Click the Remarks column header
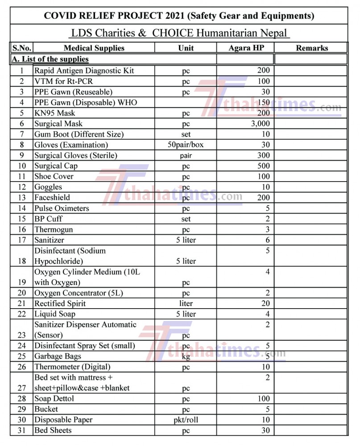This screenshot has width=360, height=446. click(x=312, y=48)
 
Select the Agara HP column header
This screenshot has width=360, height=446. click(x=246, y=48)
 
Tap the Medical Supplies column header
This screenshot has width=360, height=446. click(x=94, y=48)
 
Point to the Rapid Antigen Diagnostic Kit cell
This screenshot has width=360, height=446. click(x=84, y=70)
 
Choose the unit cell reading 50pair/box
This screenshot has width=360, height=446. click(x=186, y=145)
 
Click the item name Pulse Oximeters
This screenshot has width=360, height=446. click(x=62, y=208)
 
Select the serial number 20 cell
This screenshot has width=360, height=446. click(x=22, y=293)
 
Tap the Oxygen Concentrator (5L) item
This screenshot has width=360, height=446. click(x=79, y=293)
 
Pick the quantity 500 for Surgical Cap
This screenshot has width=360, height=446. click(x=263, y=166)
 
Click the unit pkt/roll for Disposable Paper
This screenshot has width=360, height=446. click(x=186, y=420)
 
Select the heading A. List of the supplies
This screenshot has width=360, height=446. click(x=50, y=59)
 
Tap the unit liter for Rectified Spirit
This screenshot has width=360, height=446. click(x=186, y=304)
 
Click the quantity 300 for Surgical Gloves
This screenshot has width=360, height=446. click(x=263, y=155)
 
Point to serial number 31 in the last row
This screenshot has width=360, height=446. click(x=22, y=430)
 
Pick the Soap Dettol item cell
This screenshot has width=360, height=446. click(x=54, y=399)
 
